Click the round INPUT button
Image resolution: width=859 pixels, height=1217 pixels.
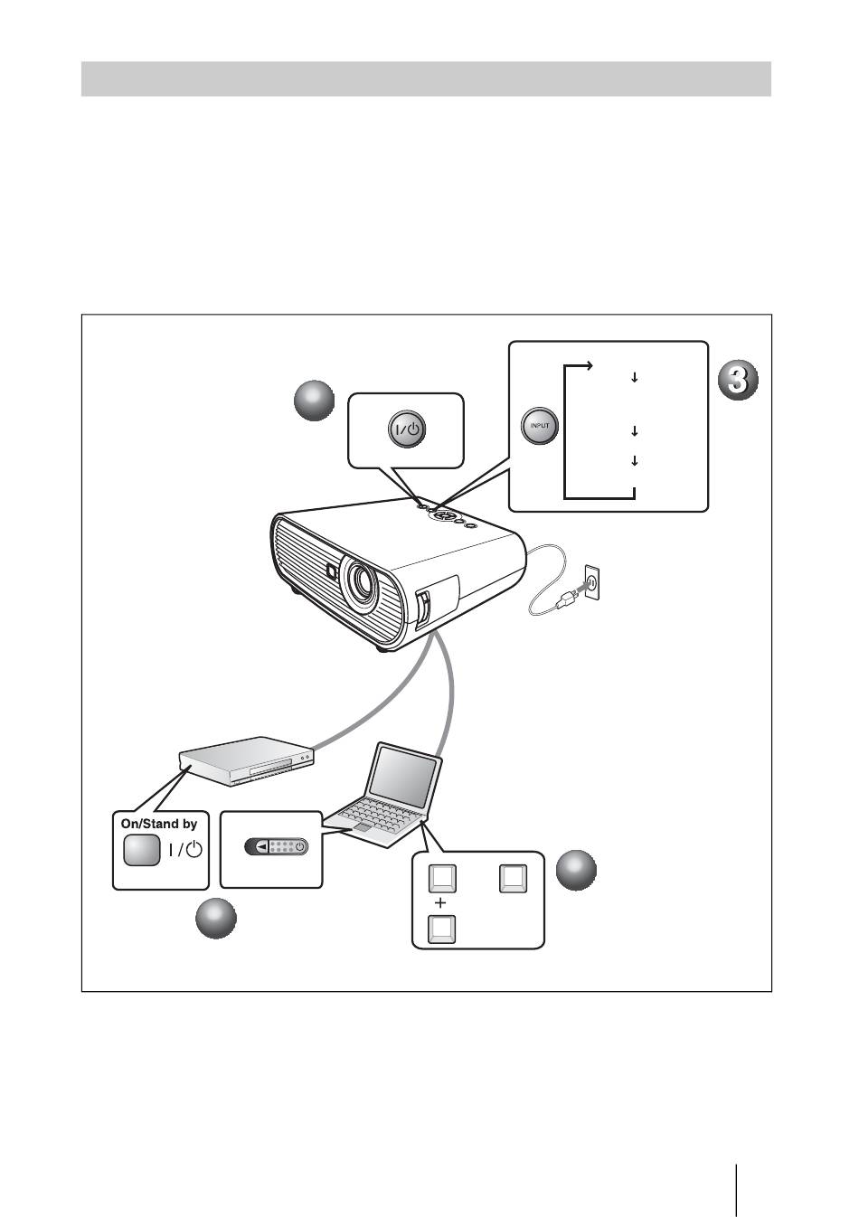541,426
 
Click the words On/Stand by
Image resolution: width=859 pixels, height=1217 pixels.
159,824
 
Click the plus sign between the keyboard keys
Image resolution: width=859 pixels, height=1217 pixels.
440,903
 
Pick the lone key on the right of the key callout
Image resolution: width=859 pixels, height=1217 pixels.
514,878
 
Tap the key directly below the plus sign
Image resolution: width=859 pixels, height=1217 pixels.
441,929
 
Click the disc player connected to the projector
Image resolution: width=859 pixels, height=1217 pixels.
246,763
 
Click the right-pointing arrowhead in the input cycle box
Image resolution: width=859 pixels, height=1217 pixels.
588,366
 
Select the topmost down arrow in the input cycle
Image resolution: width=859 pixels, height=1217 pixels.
635,377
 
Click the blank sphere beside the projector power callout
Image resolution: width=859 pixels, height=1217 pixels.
315,401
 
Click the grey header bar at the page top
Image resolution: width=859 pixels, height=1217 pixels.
426,79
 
